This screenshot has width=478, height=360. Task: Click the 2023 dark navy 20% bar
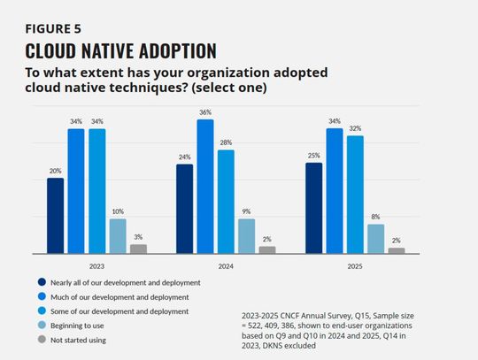(x=55, y=216)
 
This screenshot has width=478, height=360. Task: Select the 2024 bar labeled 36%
(x=205, y=187)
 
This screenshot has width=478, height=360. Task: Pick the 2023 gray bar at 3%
(x=138, y=249)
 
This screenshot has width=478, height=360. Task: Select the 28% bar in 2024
(x=226, y=202)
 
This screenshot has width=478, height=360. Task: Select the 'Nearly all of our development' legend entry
(x=125, y=282)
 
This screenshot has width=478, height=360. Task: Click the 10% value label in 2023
(x=117, y=212)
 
